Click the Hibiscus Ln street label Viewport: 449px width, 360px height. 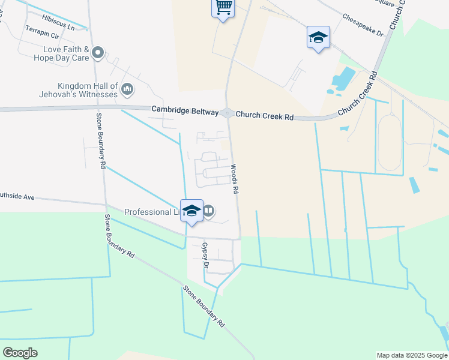(59, 27)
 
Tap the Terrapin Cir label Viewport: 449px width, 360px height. (42, 36)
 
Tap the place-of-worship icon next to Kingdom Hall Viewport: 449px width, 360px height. (127, 90)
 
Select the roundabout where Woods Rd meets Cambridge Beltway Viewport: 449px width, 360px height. (227, 113)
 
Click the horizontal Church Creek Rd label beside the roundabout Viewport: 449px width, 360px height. (264, 116)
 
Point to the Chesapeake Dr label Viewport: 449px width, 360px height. (363, 26)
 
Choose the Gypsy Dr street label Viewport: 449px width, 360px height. (205, 255)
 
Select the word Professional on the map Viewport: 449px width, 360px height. (148, 212)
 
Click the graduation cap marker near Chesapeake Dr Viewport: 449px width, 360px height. (318, 38)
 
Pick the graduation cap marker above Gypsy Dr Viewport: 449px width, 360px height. (191, 211)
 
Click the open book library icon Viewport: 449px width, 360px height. (208, 211)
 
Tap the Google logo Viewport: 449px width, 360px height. (20, 353)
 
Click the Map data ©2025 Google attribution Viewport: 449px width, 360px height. (411, 355)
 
